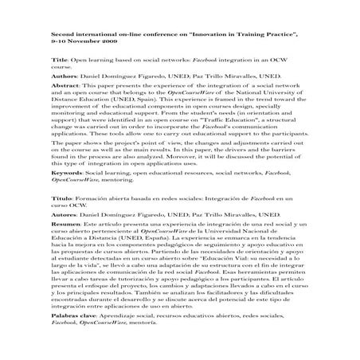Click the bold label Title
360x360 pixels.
(58, 61)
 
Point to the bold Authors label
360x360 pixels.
(65, 76)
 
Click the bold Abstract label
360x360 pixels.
(66, 84)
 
